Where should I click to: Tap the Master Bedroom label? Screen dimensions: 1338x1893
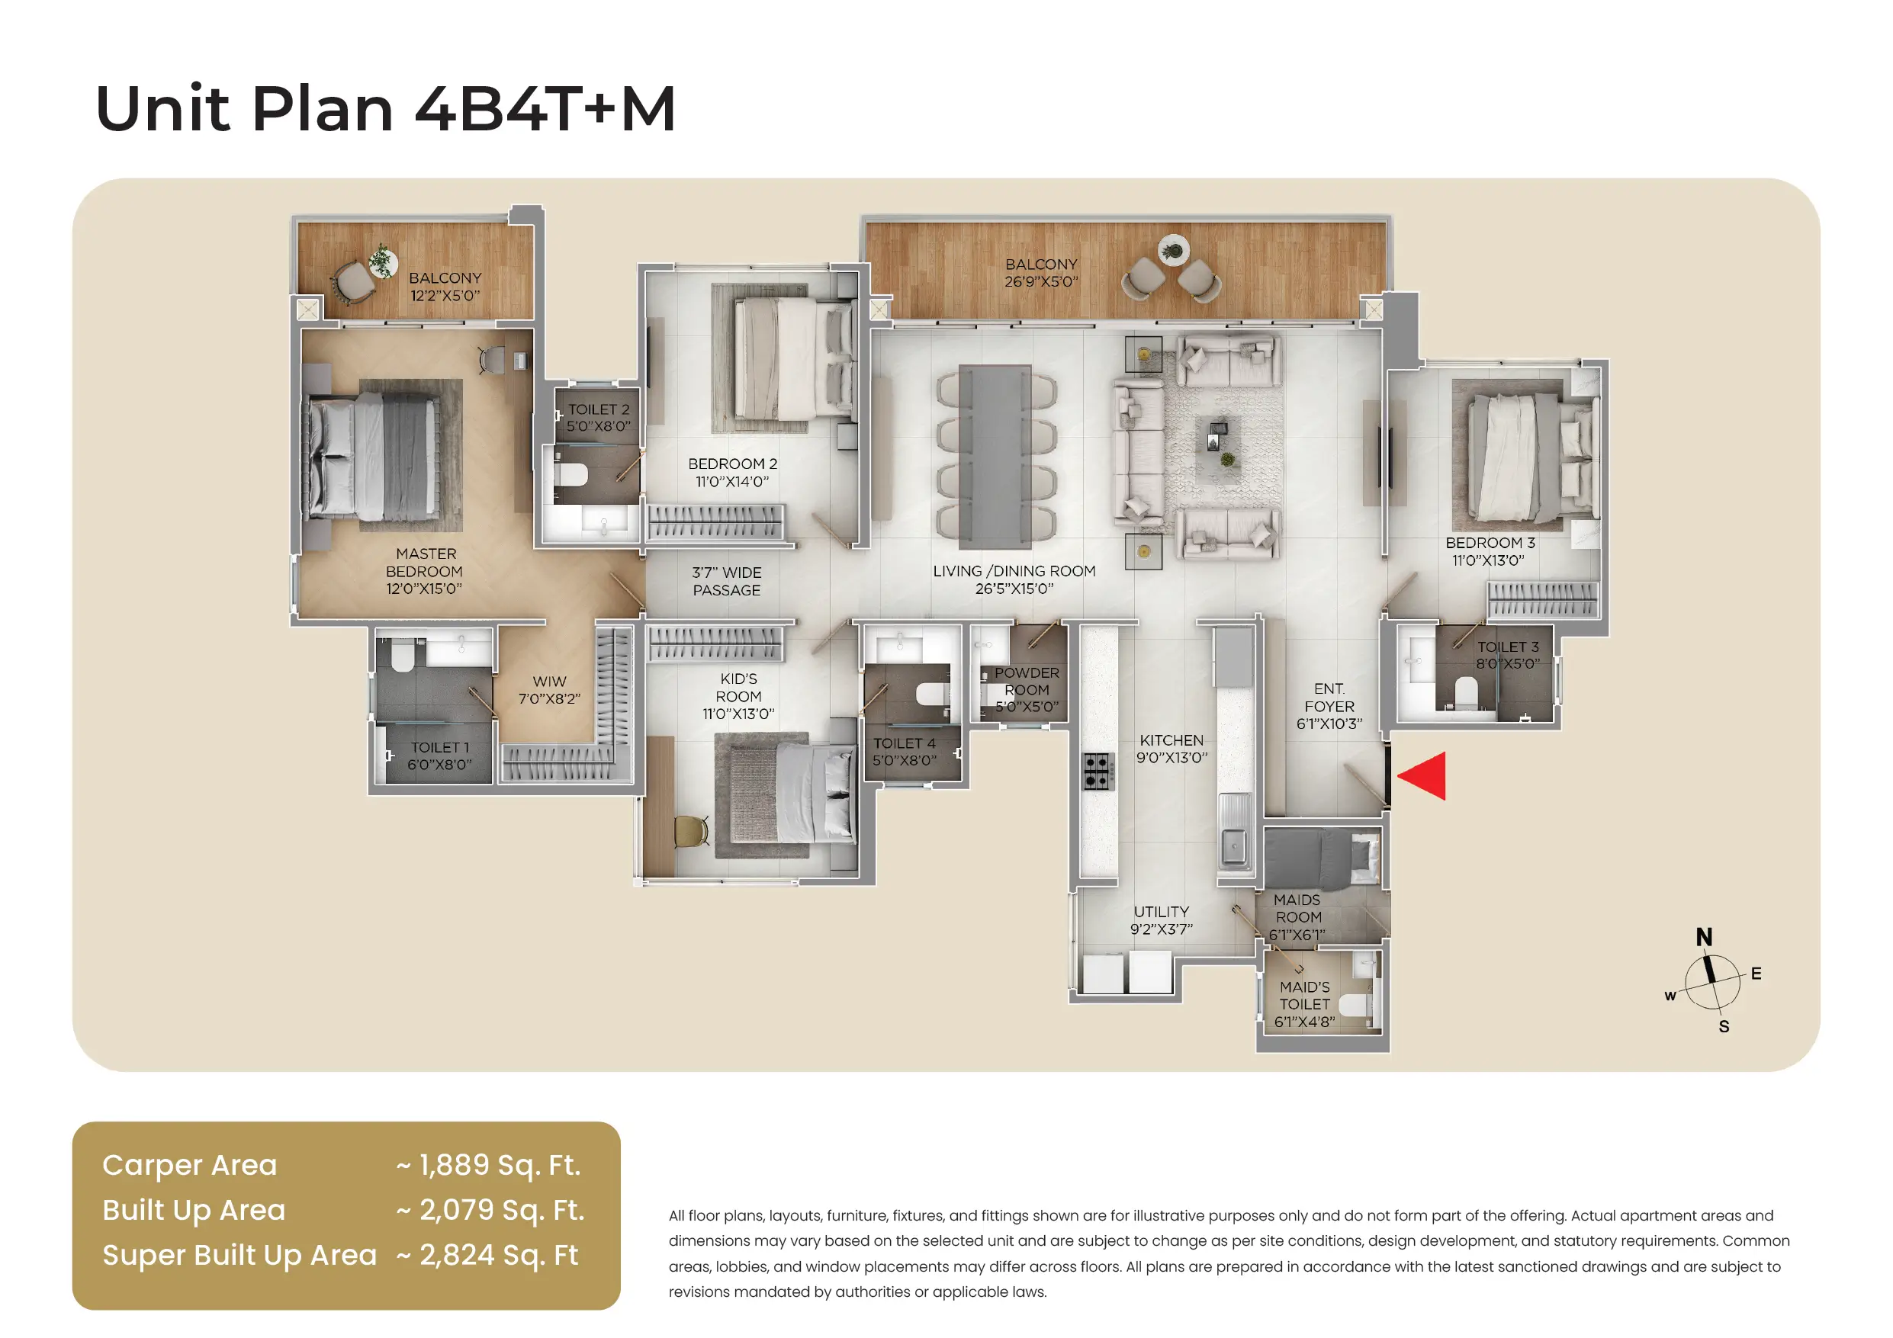click(424, 570)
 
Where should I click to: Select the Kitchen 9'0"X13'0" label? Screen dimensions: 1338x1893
click(1171, 749)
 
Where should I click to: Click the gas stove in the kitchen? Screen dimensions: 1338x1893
click(1098, 772)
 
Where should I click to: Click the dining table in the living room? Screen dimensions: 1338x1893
click(995, 456)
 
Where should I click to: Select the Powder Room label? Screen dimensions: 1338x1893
click(1027, 689)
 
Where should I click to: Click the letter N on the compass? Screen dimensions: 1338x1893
click(1704, 937)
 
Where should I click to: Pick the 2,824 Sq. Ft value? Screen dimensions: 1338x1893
click(498, 1255)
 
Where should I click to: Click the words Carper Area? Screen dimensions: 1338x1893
click(190, 1165)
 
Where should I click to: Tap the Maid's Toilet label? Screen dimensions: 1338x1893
click(1304, 1003)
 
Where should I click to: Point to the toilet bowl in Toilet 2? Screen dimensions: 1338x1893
click(570, 475)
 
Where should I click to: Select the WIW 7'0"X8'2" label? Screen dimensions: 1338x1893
click(549, 690)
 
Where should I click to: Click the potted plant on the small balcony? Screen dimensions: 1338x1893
click(382, 260)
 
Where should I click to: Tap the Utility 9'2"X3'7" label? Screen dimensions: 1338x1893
click(1161, 920)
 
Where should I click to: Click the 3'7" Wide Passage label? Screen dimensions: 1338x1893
click(726, 581)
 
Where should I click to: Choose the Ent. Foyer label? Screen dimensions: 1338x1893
click(1329, 706)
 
